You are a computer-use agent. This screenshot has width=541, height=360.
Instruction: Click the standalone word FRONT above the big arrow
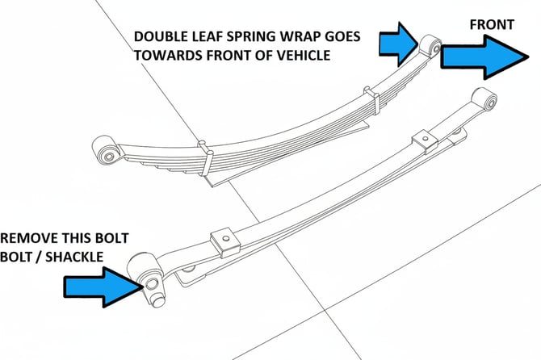(491, 25)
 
